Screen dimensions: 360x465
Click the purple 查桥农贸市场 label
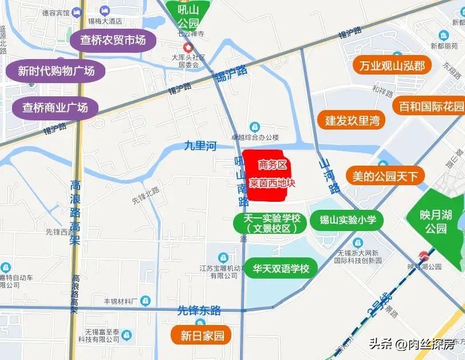point(113,40)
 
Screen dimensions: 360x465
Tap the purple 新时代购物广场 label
point(50,71)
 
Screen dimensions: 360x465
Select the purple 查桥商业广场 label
point(55,107)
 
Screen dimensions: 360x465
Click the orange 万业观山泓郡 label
point(392,66)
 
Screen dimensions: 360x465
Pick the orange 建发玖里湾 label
point(352,120)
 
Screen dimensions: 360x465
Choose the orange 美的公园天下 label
point(385,176)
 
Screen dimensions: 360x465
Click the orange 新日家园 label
point(202,336)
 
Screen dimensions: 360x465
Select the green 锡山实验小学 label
point(347,220)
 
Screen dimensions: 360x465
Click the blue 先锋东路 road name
point(199,311)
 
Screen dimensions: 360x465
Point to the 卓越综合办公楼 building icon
point(254,127)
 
